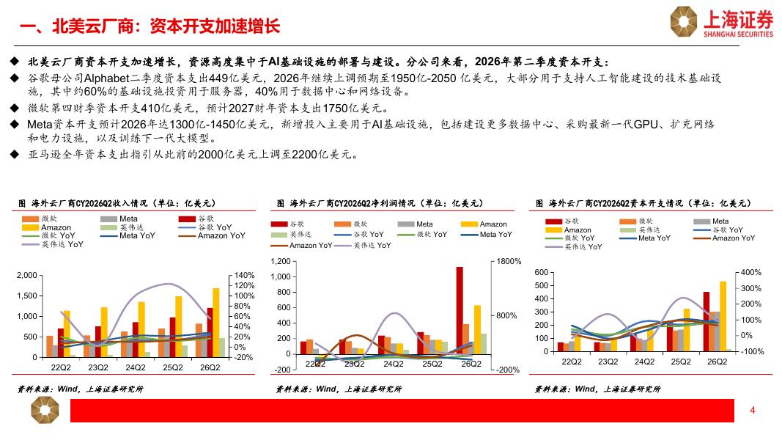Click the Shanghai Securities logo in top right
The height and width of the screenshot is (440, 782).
click(722, 22)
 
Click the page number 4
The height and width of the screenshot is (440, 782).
click(753, 410)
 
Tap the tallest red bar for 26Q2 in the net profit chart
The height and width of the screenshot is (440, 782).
click(460, 310)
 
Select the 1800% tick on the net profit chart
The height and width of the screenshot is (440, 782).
click(509, 261)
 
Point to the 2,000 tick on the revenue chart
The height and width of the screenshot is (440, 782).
click(27, 275)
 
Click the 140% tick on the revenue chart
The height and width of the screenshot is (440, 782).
click(244, 275)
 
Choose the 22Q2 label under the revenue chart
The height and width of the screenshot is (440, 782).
click(61, 367)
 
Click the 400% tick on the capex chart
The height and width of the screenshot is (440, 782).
click(751, 272)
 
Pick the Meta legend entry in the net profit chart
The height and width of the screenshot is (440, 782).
click(416, 224)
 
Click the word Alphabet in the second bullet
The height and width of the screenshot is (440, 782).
click(107, 78)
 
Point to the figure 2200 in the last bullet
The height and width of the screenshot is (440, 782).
click(305, 155)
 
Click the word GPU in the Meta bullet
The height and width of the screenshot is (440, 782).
click(646, 124)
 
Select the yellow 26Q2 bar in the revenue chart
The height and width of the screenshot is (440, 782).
click(216, 323)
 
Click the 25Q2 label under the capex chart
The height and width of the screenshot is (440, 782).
click(681, 362)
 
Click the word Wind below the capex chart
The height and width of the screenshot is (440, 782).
click(585, 389)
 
